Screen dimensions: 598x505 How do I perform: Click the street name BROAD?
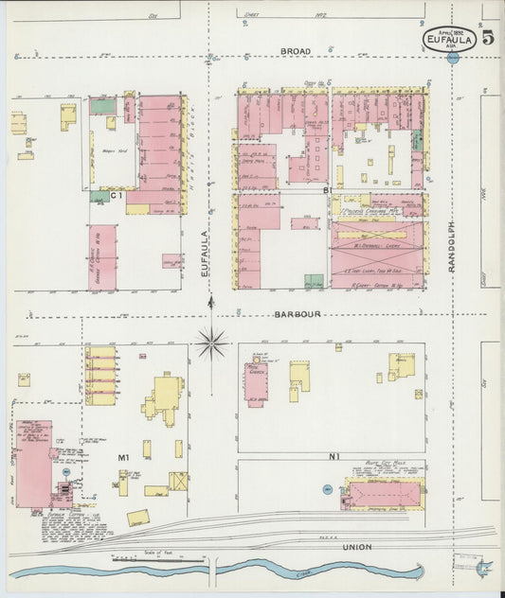click(x=295, y=51)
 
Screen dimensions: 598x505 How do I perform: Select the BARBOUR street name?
click(x=298, y=314)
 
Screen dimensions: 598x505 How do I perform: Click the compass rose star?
click(x=211, y=342)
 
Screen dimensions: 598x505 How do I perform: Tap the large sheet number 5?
click(x=487, y=39)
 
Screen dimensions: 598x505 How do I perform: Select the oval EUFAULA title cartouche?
click(x=450, y=39)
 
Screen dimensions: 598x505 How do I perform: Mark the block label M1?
click(x=123, y=458)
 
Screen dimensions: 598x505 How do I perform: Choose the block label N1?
click(x=334, y=457)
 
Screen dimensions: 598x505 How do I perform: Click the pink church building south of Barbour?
click(x=256, y=384)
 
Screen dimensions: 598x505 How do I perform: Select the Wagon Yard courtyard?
click(x=107, y=152)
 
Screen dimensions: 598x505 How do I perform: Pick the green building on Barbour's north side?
click(x=314, y=281)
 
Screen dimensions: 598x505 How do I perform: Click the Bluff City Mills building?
click(x=384, y=493)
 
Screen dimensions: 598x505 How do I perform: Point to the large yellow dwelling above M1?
click(x=167, y=395)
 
